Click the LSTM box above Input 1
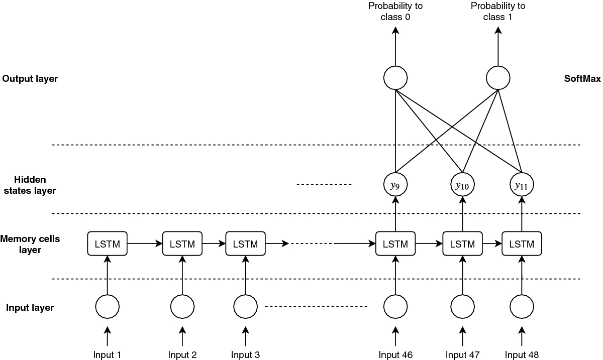tap(108, 244)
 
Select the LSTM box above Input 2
tap(182, 244)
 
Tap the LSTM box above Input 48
tap(522, 244)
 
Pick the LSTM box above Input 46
tap(395, 244)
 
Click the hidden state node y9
tap(395, 185)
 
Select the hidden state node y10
tap(462, 185)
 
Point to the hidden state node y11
tap(522, 185)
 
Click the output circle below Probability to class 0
tap(395, 78)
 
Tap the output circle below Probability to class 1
tap(498, 78)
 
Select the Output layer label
tap(30, 79)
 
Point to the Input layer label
tap(30, 308)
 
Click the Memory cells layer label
tap(30, 244)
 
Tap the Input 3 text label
tap(245, 355)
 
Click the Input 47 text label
tap(462, 355)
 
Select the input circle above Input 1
tap(108, 306)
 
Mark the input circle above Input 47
tap(462, 306)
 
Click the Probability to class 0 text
tap(395, 11)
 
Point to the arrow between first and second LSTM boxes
tap(145, 244)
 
